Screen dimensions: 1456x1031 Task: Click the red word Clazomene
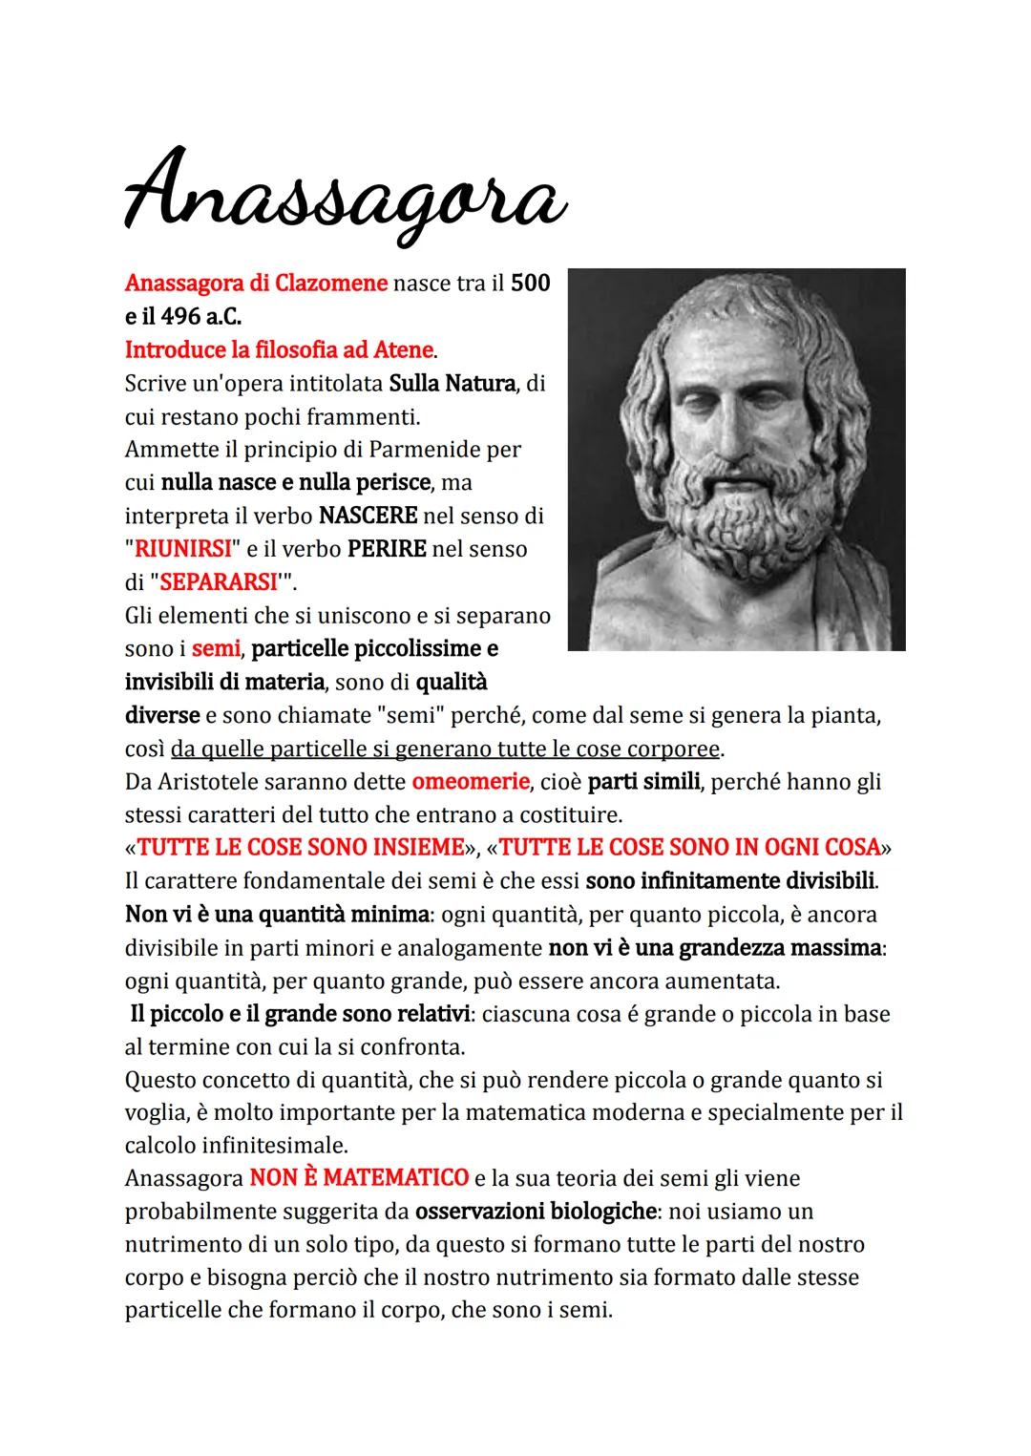331,284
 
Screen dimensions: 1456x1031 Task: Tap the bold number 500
531,284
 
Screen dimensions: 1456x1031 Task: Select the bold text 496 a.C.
195,317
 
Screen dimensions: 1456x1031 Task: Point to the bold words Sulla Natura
452,384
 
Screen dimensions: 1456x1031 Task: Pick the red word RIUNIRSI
182,549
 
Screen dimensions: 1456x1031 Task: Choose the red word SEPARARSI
218,582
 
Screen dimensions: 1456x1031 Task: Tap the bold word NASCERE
368,516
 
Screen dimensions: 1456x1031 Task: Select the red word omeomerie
471,782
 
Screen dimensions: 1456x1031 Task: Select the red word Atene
403,350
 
